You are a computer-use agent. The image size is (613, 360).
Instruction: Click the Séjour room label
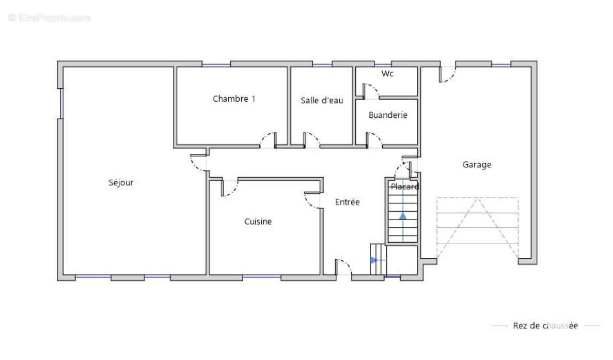[x=121, y=182]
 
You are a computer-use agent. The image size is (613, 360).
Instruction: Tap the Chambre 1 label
[x=234, y=99]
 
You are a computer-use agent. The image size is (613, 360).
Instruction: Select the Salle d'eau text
[x=322, y=100]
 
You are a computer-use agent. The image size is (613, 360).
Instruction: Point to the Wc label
[x=387, y=73]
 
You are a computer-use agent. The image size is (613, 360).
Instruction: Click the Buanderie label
[x=388, y=115]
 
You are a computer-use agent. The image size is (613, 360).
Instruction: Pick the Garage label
[x=477, y=165]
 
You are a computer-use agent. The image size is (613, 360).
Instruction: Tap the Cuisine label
[x=258, y=222]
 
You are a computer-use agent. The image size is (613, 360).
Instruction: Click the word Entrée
[x=347, y=202]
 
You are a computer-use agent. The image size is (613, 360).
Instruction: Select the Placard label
[x=405, y=186]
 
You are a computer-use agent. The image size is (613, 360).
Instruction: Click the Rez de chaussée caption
[x=545, y=325]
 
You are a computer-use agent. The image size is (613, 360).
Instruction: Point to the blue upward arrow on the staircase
[x=403, y=216]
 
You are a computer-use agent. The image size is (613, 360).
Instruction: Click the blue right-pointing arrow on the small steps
[x=374, y=260]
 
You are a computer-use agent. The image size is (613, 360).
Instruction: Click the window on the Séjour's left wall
[x=61, y=104]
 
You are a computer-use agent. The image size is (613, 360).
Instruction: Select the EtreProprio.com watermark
[x=49, y=18]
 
